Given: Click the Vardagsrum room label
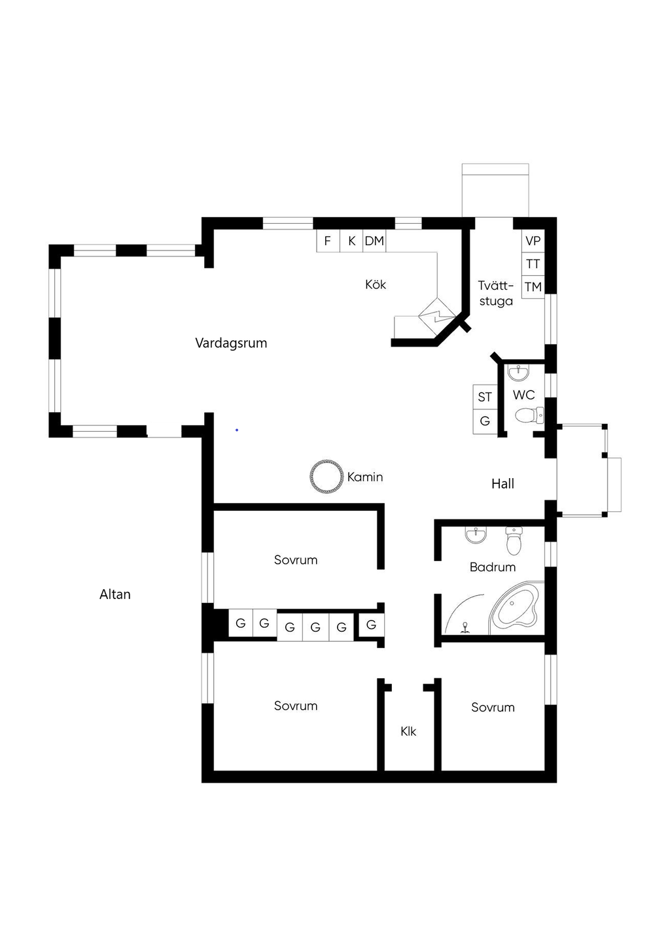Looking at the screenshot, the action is pyautogui.click(x=231, y=343).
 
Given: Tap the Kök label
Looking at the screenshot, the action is pyautogui.click(x=376, y=284).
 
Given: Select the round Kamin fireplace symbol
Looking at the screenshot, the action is pyautogui.click(x=326, y=477).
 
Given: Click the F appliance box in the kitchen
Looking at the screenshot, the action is pyautogui.click(x=328, y=241).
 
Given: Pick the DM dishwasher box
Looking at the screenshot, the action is pyautogui.click(x=374, y=241).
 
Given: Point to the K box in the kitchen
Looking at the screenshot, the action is pyautogui.click(x=351, y=241).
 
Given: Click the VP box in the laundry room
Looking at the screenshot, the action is pyautogui.click(x=533, y=241).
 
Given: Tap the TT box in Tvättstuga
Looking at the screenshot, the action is pyautogui.click(x=533, y=264).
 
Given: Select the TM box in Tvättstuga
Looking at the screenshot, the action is pyautogui.click(x=533, y=287).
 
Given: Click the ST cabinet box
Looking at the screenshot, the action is pyautogui.click(x=485, y=397).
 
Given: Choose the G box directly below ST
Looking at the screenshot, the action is pyautogui.click(x=485, y=421).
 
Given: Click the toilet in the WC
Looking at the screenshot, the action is pyautogui.click(x=529, y=415).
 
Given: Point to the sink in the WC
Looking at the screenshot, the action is pyautogui.click(x=518, y=372).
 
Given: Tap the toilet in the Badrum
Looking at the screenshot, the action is pyautogui.click(x=514, y=541).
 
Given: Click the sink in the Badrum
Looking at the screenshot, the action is pyautogui.click(x=476, y=535).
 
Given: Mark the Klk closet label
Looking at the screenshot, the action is pyautogui.click(x=408, y=731).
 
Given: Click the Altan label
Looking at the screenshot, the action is pyautogui.click(x=115, y=594).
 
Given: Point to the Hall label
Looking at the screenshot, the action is pyautogui.click(x=502, y=484).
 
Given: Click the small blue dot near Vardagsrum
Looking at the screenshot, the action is pyautogui.click(x=237, y=430).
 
